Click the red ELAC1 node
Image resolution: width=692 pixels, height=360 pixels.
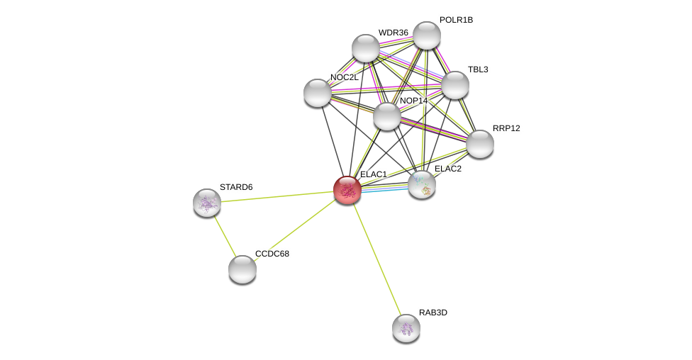coord(347,190)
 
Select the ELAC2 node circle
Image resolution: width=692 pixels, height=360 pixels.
coord(422,184)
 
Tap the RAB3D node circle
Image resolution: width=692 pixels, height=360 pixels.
coord(406,328)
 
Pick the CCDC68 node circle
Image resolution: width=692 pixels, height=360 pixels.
coord(242,269)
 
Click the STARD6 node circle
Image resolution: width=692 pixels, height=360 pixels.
coord(207,203)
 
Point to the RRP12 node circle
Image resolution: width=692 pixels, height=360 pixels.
coord(480,144)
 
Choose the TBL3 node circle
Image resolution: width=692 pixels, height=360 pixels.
coord(455,85)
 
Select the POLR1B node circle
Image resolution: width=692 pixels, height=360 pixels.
coord(427,35)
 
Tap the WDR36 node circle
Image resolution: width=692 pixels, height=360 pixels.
coord(366,48)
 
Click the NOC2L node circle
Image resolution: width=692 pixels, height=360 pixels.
coord(318,93)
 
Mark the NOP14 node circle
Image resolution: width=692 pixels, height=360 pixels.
coord(387,116)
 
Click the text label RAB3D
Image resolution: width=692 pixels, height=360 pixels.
coord(432,313)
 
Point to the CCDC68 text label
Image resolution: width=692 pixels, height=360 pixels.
coord(272,254)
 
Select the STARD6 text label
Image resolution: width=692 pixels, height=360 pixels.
coord(236,187)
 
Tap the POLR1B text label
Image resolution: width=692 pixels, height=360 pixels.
coord(456,20)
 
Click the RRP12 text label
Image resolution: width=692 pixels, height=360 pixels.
coord(506,128)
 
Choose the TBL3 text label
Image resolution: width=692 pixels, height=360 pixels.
coord(478,69)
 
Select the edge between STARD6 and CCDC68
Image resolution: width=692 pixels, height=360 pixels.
coord(225,236)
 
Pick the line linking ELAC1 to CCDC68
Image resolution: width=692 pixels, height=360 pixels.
coord(295,230)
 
